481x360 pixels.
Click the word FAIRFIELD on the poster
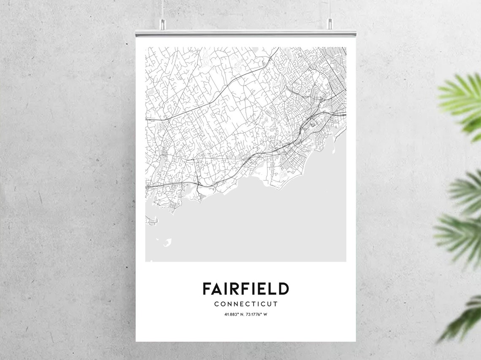coord(246,289)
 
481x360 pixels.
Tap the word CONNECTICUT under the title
coord(246,304)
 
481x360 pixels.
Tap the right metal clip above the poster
coord(329,24)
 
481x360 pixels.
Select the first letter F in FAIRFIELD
coord(207,289)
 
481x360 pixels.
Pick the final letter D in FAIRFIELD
coord(284,289)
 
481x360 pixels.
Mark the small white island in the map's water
coord(168,242)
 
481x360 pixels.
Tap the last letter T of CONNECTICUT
coord(276,304)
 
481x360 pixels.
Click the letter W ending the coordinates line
coord(265,314)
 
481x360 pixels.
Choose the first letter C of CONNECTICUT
coord(216,304)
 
